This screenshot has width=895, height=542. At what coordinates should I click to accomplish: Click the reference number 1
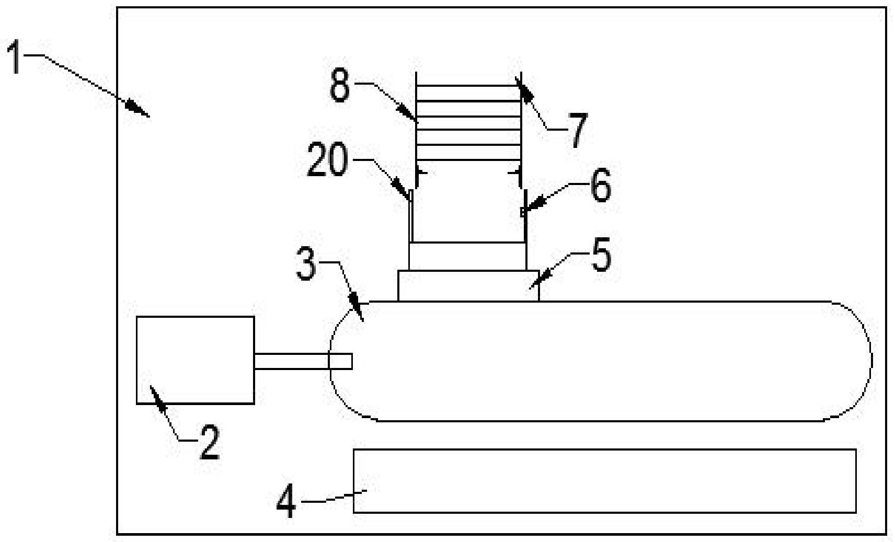[15, 57]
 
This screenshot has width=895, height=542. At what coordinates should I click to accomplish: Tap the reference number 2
[210, 443]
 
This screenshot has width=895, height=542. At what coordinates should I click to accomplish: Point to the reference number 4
[286, 501]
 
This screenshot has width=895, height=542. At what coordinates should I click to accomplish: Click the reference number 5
[601, 255]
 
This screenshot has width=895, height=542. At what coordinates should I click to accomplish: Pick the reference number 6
[601, 185]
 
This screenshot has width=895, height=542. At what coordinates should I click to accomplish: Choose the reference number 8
[340, 85]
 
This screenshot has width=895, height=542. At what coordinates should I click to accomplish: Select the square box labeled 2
[196, 360]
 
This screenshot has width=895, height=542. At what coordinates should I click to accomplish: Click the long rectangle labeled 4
[604, 481]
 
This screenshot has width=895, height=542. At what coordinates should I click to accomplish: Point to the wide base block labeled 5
[469, 285]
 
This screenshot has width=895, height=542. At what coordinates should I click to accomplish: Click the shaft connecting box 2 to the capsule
[303, 362]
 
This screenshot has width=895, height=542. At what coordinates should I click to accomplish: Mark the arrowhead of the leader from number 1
[138, 109]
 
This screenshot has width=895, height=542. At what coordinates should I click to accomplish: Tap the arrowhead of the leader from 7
[524, 89]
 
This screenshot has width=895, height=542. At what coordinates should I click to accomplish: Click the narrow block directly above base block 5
[468, 256]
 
